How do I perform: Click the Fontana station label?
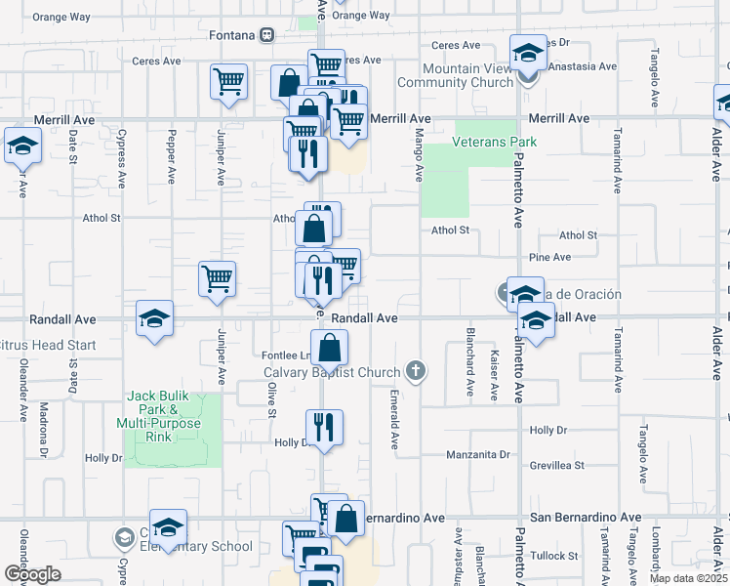[x=232, y=35]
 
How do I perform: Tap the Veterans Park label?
[x=495, y=142]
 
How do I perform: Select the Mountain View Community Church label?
[x=468, y=75]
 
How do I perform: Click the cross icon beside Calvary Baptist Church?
[x=416, y=371]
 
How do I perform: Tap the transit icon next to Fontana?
[x=265, y=35]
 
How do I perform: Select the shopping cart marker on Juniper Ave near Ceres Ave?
[x=228, y=82]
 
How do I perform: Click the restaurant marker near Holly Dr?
[x=323, y=428]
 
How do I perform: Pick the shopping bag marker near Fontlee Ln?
[x=332, y=348]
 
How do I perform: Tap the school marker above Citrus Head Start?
[x=154, y=320]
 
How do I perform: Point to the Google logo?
[x=33, y=574]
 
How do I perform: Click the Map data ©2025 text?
[x=688, y=578]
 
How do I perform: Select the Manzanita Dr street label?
[x=478, y=455]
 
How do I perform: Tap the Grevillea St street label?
[x=556, y=466]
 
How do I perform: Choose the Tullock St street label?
[x=555, y=555]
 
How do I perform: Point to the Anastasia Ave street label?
[x=588, y=67]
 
